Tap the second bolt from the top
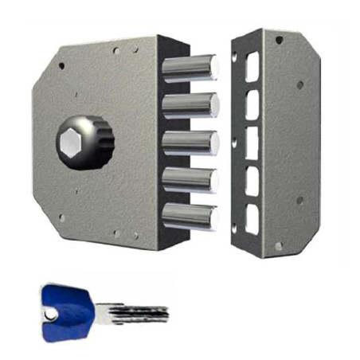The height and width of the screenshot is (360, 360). point(191,105)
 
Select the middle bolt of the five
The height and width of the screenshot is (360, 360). point(191,143)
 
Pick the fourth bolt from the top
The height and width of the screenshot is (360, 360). point(191,178)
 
